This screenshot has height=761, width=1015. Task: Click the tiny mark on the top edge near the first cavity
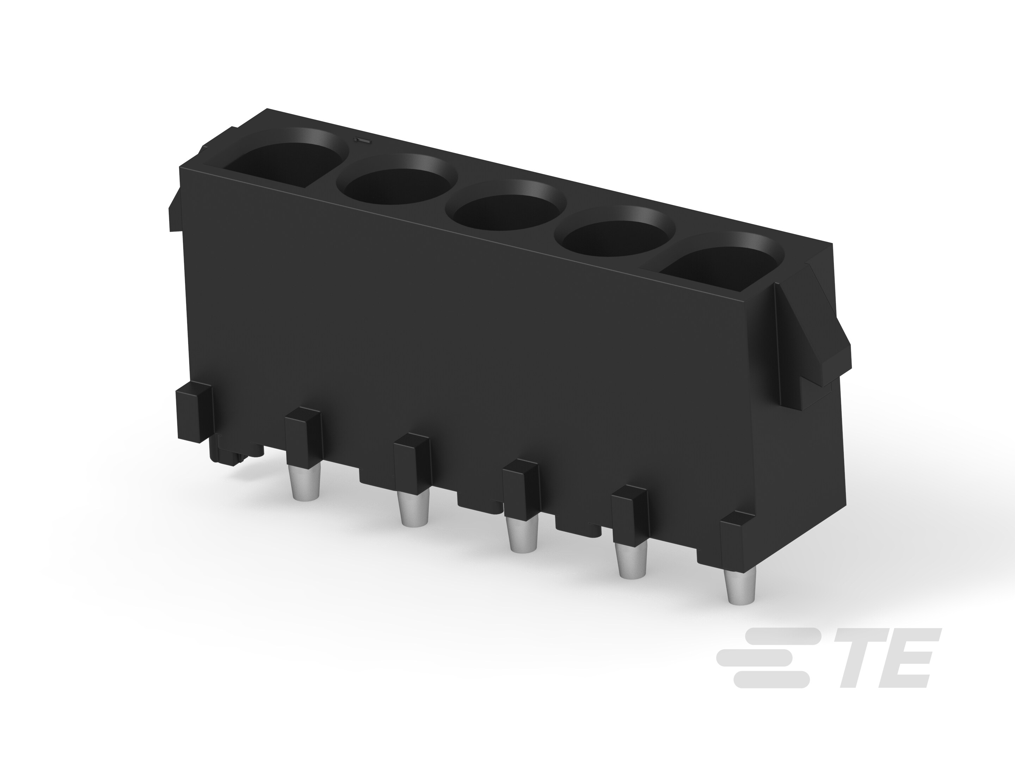(x=359, y=140)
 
